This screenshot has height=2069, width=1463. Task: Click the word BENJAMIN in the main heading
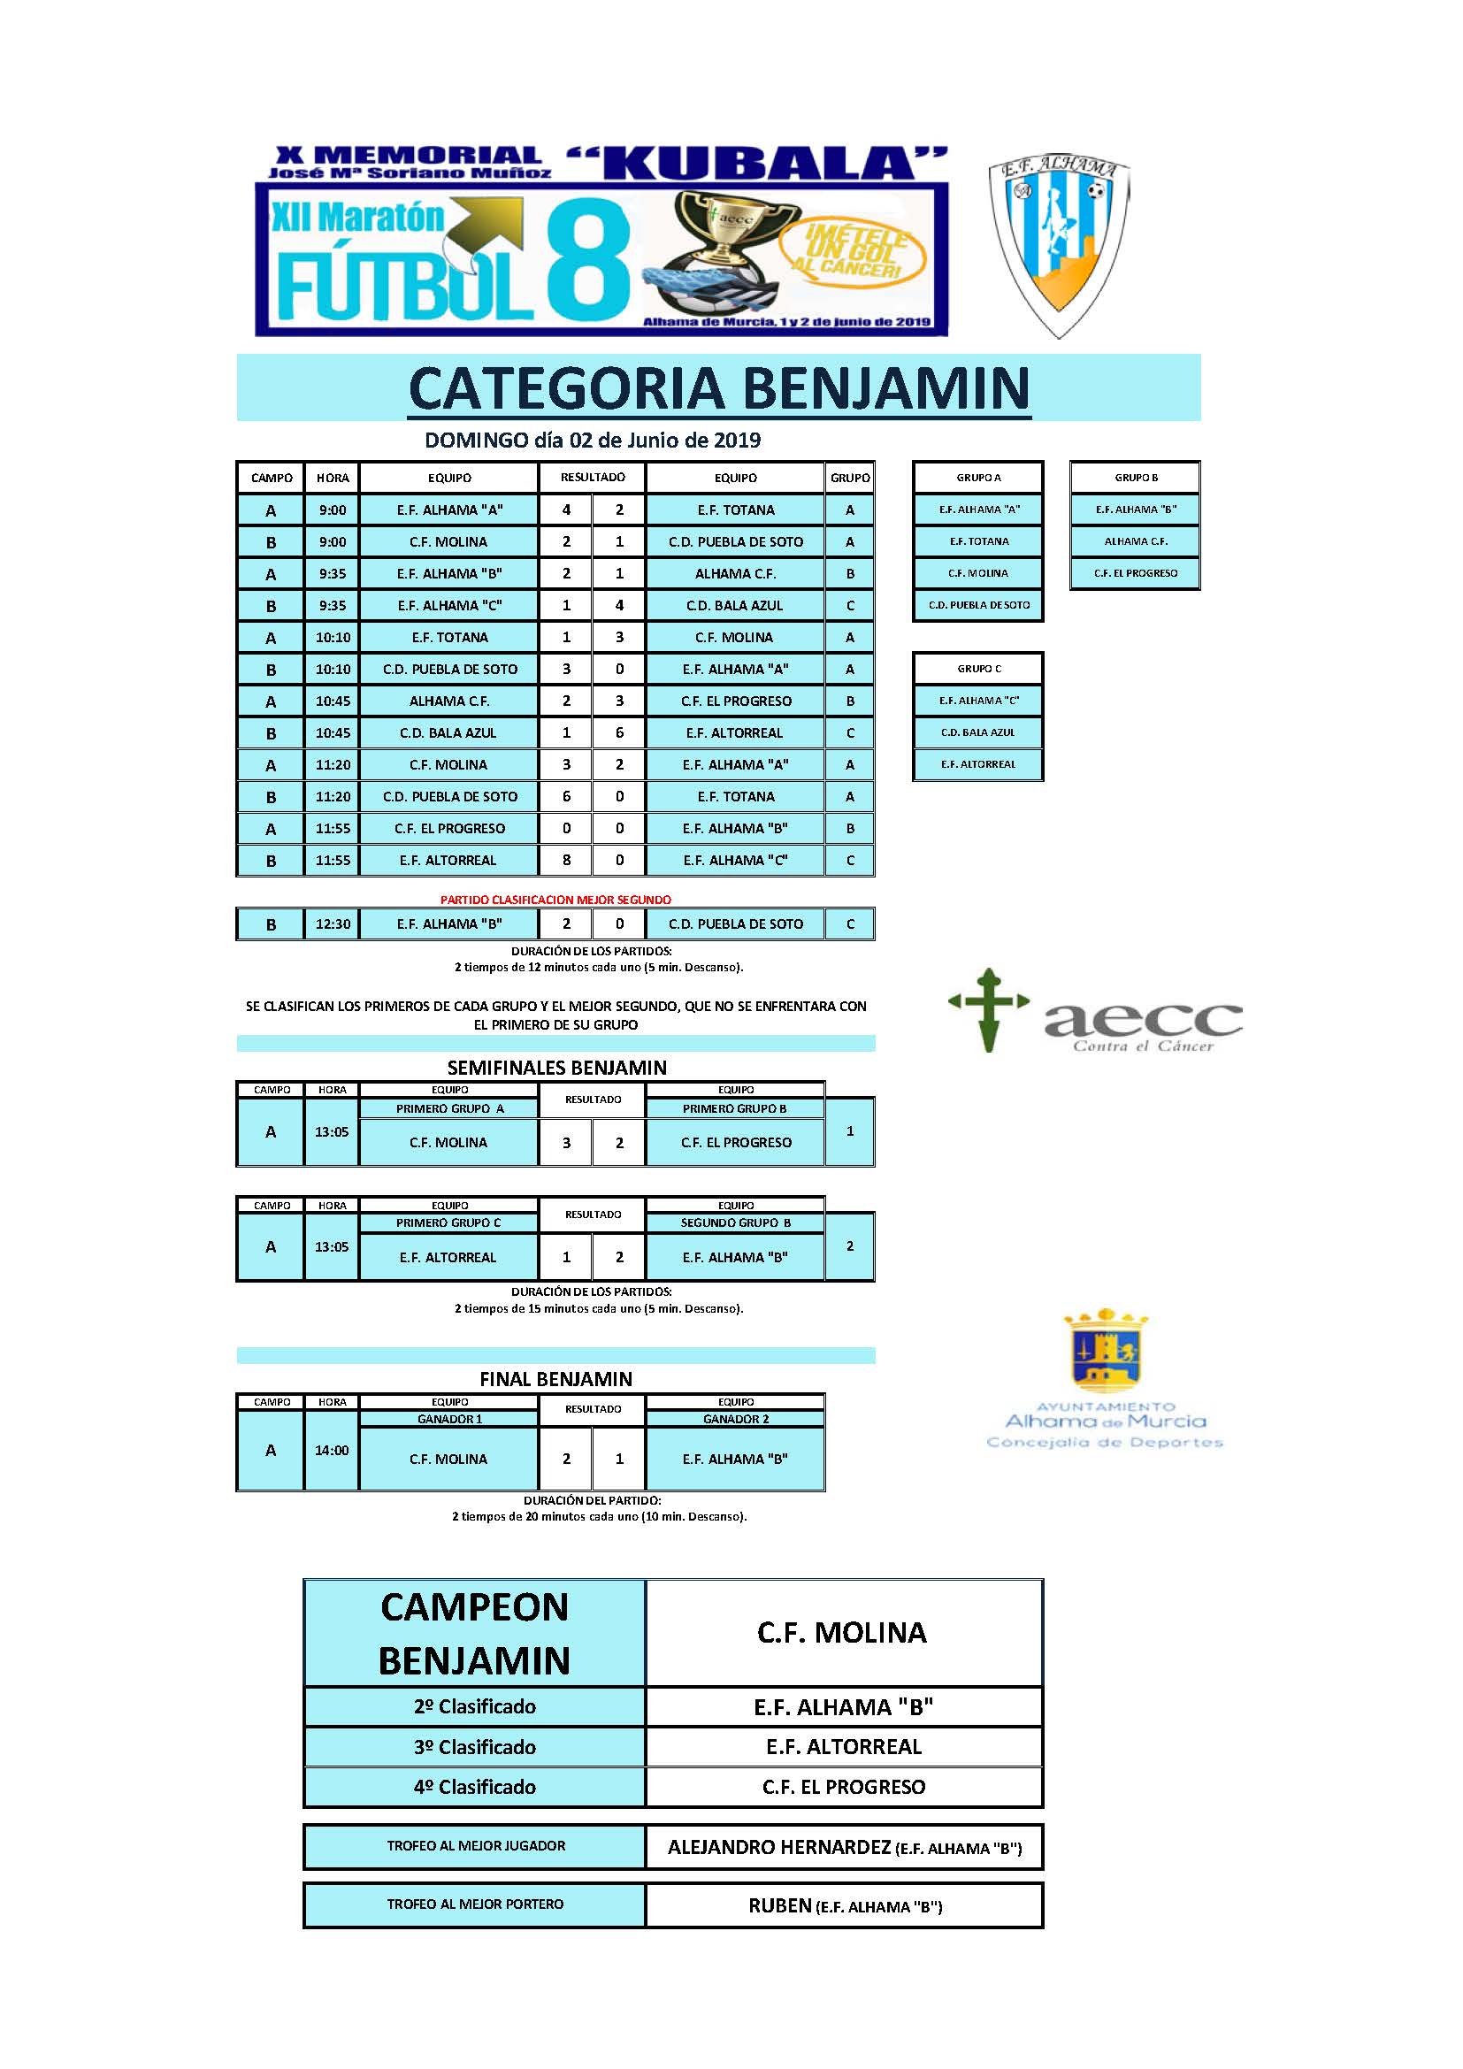[x=886, y=388]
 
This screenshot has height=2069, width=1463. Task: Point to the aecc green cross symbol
[x=988, y=1009]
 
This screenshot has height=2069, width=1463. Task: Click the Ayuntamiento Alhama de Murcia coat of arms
[x=1106, y=1352]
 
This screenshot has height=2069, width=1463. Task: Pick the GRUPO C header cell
[x=978, y=669]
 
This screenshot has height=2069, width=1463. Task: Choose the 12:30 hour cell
[x=333, y=923]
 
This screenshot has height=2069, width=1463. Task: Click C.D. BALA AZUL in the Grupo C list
[x=978, y=732]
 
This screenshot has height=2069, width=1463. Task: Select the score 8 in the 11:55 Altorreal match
[x=566, y=860]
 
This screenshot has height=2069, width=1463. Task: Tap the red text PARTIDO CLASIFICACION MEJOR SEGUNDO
[x=555, y=900]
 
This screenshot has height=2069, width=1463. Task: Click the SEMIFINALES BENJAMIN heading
[x=556, y=1068]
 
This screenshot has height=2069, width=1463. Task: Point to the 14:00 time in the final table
[x=332, y=1450]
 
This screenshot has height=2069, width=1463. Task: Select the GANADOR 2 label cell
[x=735, y=1418]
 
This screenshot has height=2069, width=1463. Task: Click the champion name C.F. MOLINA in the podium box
[x=841, y=1632]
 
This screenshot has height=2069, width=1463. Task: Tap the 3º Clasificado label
[x=475, y=1746]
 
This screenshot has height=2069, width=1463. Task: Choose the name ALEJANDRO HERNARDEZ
[x=779, y=1847]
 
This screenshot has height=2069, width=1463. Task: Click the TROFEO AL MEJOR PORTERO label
[x=475, y=1904]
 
